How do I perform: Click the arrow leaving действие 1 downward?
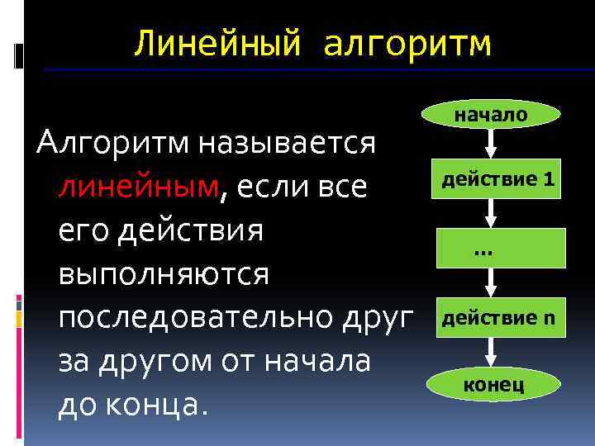[x=491, y=213]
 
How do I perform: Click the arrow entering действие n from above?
[x=491, y=283]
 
